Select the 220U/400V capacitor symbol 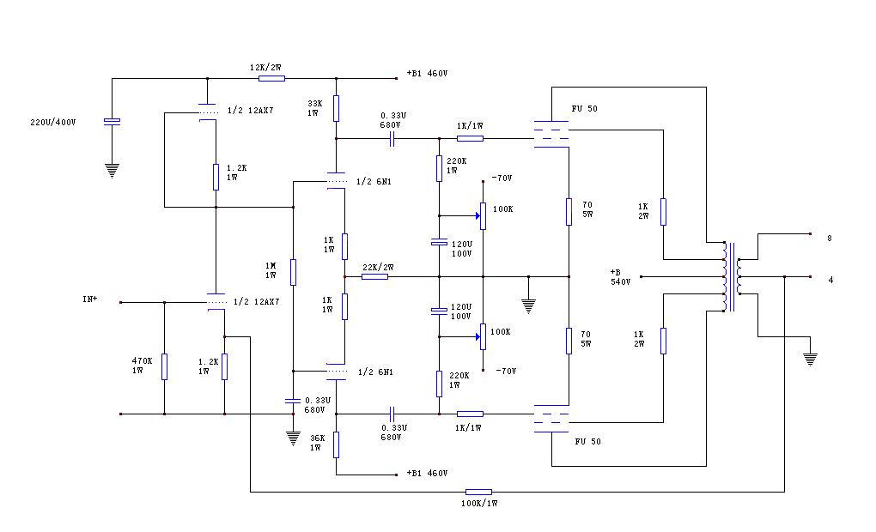click(x=112, y=121)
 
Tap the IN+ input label click(x=89, y=299)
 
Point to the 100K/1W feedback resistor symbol click(x=477, y=492)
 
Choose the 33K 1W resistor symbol click(x=336, y=108)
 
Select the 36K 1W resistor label click(x=318, y=443)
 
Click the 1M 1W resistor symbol click(x=293, y=272)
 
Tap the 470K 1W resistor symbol click(x=164, y=366)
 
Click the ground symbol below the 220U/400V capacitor click(x=112, y=170)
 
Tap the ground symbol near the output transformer click(x=809, y=359)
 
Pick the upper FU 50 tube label click(x=586, y=109)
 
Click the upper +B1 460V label click(x=427, y=74)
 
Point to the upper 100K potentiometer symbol click(x=483, y=216)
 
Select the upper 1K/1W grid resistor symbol click(x=470, y=138)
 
